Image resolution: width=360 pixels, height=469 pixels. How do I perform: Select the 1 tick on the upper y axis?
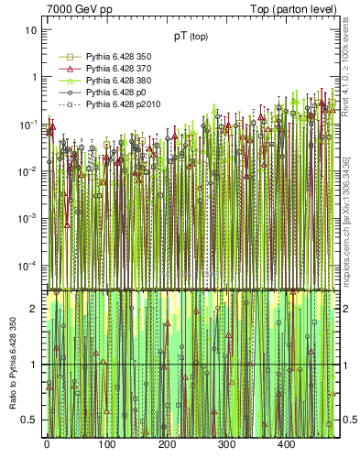pyautogui.click(x=34, y=77)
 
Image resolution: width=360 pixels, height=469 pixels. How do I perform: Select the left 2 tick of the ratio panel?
pyautogui.click(x=34, y=309)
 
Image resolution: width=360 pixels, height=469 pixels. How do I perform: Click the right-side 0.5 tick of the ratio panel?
pyautogui.click(x=348, y=420)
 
